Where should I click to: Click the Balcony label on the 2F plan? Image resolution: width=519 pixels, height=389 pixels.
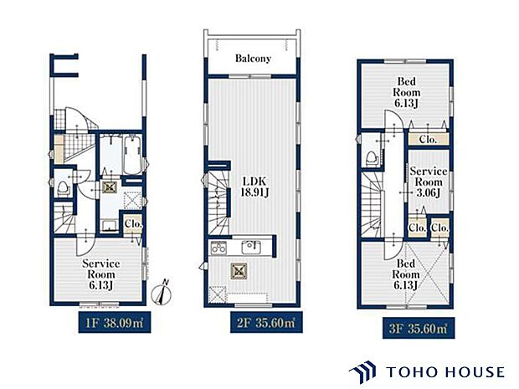coord(253,59)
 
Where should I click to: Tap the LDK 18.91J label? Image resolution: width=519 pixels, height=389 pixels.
coord(254,187)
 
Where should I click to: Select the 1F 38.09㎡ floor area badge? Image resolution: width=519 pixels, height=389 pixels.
coord(115,322)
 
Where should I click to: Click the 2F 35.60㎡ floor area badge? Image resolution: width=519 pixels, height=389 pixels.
coord(266,322)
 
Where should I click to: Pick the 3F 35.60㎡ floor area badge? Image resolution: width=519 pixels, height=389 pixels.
coord(419,328)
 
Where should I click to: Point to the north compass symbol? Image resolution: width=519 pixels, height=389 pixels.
coord(162,293)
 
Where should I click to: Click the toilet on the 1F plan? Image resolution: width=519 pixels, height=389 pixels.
coord(64,188)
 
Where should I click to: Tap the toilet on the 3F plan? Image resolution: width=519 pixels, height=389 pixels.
coord(372,158)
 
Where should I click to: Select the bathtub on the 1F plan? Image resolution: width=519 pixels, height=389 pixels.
coord(132,155)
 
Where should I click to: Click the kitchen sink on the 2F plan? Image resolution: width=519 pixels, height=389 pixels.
coord(251,247)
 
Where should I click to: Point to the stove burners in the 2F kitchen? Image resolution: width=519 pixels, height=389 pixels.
coord(218,248)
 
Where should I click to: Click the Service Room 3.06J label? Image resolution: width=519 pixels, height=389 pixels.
coord(429,182)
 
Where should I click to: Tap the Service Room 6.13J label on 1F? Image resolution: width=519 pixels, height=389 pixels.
coord(101,274)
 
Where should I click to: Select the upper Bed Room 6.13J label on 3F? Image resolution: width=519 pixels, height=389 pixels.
coord(406,92)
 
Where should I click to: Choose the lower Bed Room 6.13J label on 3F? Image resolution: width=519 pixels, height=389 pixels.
coord(406,274)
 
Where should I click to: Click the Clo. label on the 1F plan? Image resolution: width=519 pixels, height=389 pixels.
coord(133,224)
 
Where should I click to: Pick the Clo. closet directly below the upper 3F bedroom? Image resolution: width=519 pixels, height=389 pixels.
coord(428,139)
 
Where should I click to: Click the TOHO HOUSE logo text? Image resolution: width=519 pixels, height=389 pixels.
coord(445,372)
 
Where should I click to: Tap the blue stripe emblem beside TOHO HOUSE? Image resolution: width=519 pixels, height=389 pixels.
coord(362,371)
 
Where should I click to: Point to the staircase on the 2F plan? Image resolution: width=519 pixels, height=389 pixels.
coord(218,203)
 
